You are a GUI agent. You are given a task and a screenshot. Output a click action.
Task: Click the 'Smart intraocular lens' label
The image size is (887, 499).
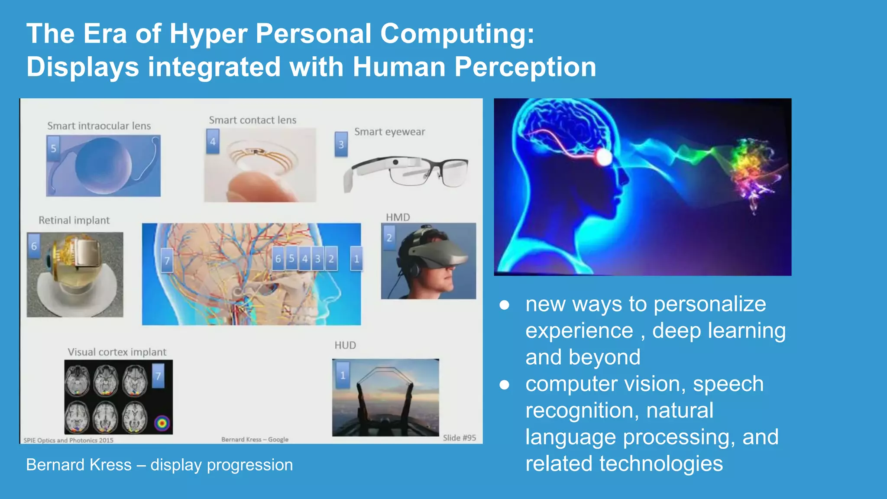[x=99, y=126]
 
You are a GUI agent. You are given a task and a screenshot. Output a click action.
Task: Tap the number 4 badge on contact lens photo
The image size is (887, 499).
[x=213, y=141]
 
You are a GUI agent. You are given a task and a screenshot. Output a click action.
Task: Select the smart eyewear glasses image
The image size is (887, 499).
[x=406, y=173]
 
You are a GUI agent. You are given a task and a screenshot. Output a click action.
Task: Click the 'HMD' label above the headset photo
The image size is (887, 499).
[x=398, y=217]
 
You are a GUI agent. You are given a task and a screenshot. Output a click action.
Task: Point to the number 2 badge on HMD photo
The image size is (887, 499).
[x=389, y=237]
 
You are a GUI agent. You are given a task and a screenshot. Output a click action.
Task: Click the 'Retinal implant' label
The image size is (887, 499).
[x=74, y=220]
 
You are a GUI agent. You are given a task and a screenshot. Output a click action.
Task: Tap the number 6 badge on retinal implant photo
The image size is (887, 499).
[x=34, y=246]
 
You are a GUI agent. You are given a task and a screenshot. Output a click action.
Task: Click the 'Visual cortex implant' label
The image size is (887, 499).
[x=117, y=352]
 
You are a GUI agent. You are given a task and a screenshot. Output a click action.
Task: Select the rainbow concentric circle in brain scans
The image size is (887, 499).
[x=162, y=423]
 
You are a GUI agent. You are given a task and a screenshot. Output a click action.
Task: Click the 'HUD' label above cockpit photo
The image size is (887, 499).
[x=345, y=345]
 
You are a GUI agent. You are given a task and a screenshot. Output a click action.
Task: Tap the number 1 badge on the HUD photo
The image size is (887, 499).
[x=343, y=375]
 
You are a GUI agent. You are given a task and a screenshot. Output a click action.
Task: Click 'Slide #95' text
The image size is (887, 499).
[x=459, y=438]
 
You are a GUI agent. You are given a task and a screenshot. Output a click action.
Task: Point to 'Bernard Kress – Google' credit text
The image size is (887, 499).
[x=255, y=439]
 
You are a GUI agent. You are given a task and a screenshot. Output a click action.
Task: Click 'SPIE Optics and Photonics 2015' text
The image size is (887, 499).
[x=68, y=440]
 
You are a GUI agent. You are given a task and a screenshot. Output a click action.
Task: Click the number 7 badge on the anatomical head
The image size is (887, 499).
[x=167, y=260]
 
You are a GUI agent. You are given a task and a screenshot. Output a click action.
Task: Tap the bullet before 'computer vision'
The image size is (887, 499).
[x=504, y=385]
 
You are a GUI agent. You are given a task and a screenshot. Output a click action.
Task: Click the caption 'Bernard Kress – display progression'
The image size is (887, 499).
[x=159, y=465]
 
